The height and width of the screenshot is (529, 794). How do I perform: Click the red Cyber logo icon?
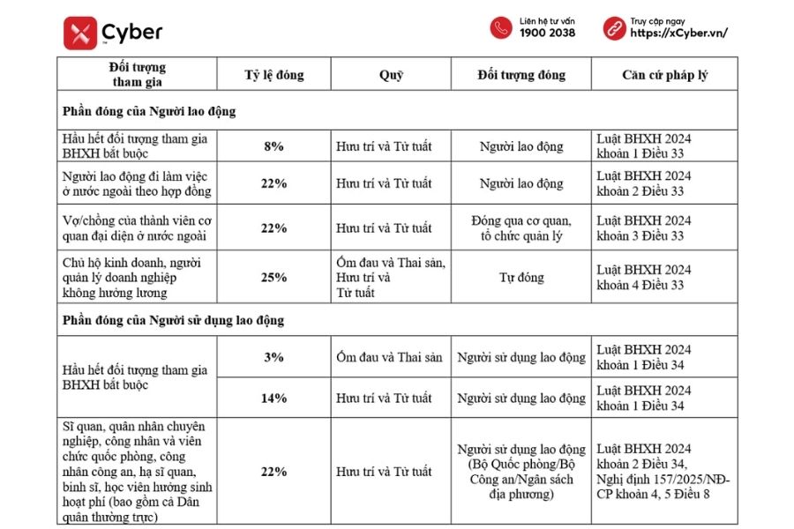(80, 34)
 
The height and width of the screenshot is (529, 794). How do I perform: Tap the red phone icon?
(501, 27)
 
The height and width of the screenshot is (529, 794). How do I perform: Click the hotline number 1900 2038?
(547, 34)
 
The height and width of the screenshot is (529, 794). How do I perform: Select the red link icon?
(614, 27)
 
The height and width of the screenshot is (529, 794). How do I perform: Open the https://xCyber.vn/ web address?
(678, 34)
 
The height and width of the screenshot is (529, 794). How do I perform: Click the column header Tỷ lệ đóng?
(273, 75)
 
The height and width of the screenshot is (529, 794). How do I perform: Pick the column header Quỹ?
(391, 75)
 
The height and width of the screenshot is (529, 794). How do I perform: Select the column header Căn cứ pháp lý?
(664, 75)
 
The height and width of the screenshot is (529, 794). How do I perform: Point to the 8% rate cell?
(273, 146)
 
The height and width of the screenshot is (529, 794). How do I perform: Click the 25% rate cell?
(273, 278)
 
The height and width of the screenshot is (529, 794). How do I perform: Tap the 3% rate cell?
(273, 357)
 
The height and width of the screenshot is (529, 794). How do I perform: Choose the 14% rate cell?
(273, 398)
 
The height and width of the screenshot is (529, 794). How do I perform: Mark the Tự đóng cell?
(521, 278)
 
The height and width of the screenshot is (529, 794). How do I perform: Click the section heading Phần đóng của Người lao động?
(149, 112)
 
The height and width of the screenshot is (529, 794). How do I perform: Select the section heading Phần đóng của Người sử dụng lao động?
(173, 320)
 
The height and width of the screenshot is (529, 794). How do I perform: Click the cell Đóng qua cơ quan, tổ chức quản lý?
(521, 228)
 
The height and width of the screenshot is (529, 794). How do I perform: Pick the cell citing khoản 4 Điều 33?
(643, 278)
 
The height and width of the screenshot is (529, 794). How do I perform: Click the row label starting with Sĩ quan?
(137, 472)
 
